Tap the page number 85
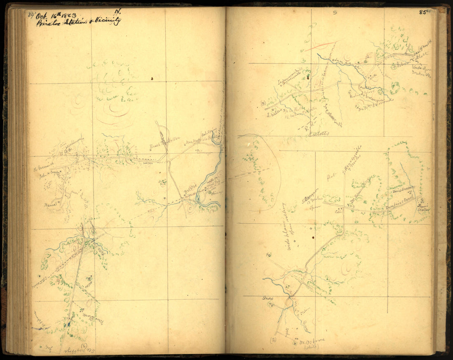[422, 12]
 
